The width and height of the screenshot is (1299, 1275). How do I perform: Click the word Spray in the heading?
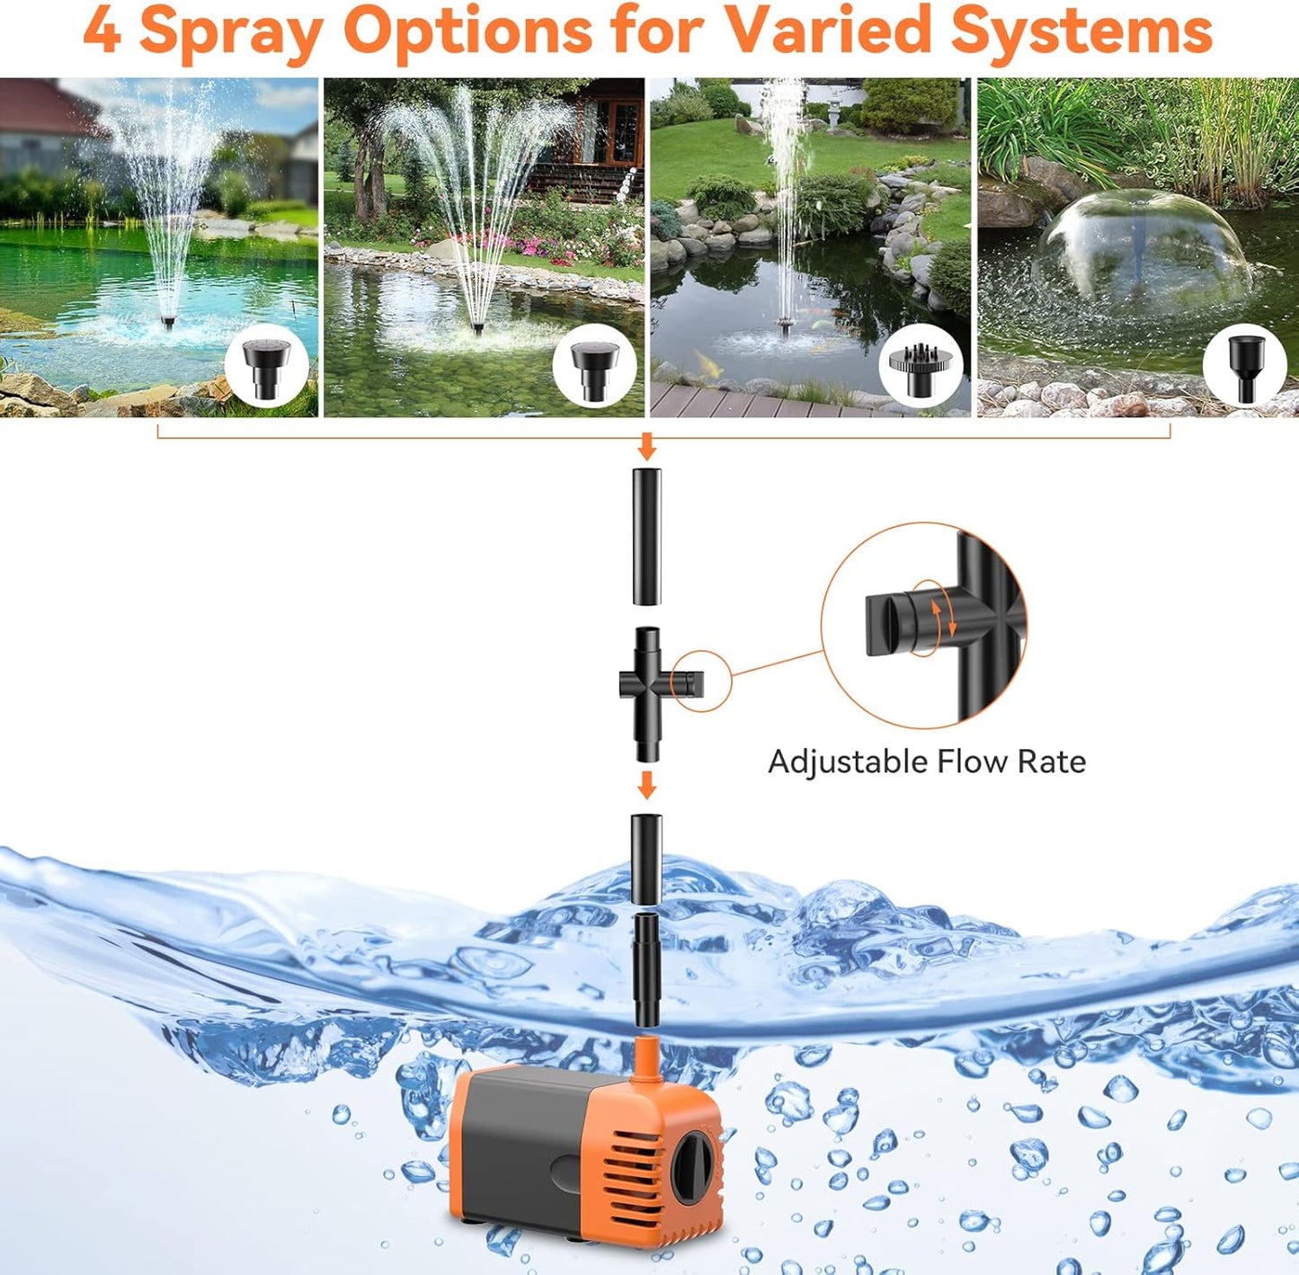tap(232, 32)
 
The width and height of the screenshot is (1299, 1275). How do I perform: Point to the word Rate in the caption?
tap(1051, 762)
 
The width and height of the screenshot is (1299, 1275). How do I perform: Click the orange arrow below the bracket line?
tap(646, 446)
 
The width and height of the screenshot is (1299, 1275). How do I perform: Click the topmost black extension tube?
tap(646, 536)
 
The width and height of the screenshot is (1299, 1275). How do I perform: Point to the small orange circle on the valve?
tap(700, 681)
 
